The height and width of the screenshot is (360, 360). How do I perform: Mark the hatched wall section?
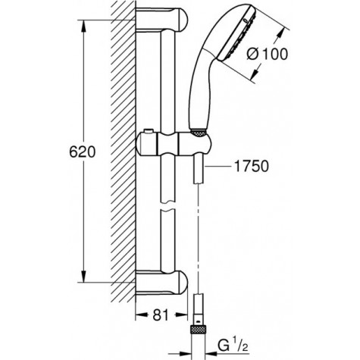121,152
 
